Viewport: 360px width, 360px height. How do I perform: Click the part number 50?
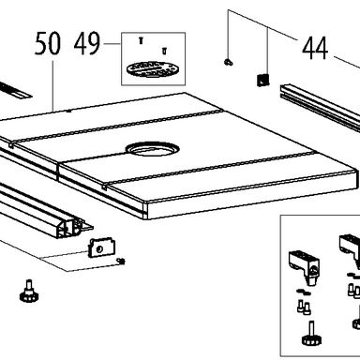[47, 44]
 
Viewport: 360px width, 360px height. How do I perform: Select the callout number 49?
[87, 44]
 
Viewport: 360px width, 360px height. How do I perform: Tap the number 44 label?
[315, 48]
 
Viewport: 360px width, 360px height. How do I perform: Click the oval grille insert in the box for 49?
[151, 69]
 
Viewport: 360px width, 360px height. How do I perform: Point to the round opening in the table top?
[151, 149]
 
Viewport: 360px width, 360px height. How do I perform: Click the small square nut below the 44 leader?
[262, 80]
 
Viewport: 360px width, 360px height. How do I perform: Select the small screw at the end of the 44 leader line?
[229, 62]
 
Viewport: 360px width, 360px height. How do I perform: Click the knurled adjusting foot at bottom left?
[29, 291]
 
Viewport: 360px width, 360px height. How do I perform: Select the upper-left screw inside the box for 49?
[141, 40]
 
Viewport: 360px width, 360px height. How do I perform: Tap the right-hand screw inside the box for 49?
[165, 51]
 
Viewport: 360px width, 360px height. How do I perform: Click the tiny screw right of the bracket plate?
[121, 261]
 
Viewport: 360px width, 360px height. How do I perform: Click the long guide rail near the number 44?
[320, 105]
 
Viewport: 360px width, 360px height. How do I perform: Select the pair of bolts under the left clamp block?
[304, 307]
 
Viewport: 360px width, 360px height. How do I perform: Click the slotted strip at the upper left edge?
[14, 90]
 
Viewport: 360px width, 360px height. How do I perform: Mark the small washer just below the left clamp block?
[303, 292]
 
